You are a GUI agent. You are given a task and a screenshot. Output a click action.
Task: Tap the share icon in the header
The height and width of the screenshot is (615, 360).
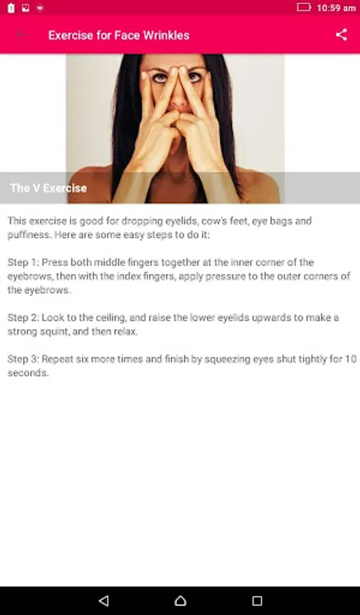[x=341, y=35]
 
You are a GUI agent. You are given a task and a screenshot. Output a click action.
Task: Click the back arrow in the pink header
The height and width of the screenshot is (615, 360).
[x=22, y=35]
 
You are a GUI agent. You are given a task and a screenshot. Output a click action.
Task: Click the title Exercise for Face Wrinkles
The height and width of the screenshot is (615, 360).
[x=119, y=36]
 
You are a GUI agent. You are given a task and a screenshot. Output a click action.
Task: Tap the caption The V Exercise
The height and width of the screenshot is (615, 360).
[x=49, y=188]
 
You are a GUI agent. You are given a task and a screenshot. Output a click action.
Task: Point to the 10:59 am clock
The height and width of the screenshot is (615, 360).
[x=336, y=8]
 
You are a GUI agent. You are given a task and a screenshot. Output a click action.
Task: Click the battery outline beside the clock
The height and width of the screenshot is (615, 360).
[x=304, y=7]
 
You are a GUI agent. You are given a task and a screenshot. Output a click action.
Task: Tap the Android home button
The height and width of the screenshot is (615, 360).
[x=180, y=601]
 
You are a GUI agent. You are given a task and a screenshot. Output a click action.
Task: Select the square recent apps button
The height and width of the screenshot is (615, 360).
[x=257, y=601]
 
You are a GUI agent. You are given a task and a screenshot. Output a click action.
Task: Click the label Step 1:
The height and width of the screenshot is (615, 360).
[x=23, y=262]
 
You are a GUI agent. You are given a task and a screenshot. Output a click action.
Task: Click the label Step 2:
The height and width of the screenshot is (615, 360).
[x=23, y=318]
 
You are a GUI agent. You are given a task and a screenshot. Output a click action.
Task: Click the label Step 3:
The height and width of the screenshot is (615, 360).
[x=23, y=359]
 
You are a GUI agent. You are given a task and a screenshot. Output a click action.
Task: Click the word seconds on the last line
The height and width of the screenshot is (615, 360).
[x=28, y=373]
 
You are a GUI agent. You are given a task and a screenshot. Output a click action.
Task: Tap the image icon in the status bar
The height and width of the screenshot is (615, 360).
[x=25, y=8]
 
